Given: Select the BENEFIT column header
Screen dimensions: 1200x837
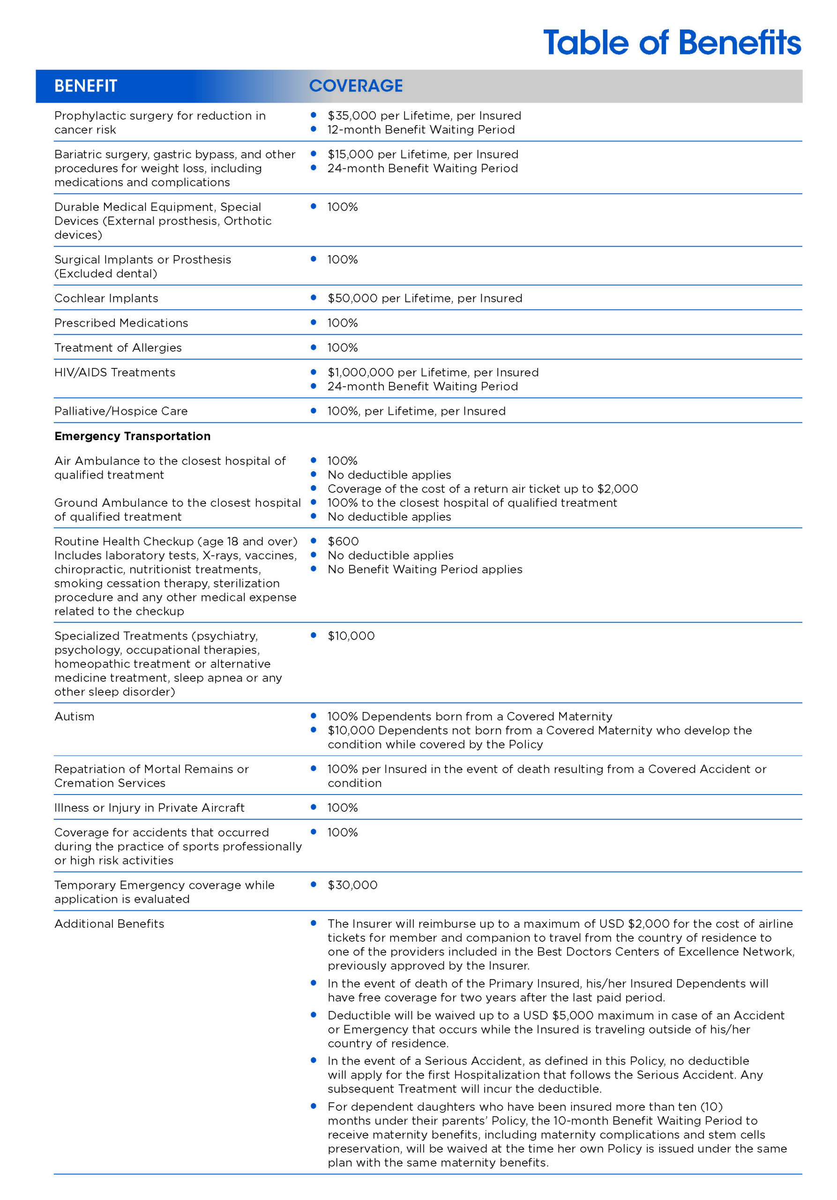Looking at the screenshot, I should point(86,86).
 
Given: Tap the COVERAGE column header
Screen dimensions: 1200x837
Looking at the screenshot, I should point(356,86).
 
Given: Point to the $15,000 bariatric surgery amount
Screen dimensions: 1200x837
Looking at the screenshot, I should point(350,154).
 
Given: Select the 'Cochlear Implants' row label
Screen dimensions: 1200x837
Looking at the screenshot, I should point(106,298).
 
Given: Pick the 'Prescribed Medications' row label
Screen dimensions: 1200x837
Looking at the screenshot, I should point(121,323).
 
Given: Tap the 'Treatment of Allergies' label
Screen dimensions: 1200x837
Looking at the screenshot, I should point(118,347).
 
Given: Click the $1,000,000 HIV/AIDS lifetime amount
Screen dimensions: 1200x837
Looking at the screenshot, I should point(360,372).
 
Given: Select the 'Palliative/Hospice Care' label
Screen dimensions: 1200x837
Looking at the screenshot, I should point(121,411).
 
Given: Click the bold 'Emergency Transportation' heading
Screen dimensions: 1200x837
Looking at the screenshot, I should point(132,436).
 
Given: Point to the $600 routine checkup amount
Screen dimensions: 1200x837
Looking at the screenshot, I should point(343,541).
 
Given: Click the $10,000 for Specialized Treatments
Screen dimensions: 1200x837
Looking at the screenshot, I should point(351,636).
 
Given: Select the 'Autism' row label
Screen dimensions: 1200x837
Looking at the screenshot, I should point(74,717).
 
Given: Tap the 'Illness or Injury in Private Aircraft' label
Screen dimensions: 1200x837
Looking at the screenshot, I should point(149,808).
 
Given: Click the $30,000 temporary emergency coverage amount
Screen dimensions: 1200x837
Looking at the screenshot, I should point(352,885).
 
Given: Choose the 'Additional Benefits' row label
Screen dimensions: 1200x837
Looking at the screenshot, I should point(109,923).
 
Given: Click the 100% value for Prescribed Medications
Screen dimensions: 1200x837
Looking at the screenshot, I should point(342,323).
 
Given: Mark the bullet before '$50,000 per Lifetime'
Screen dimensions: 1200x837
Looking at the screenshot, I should point(314,297).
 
